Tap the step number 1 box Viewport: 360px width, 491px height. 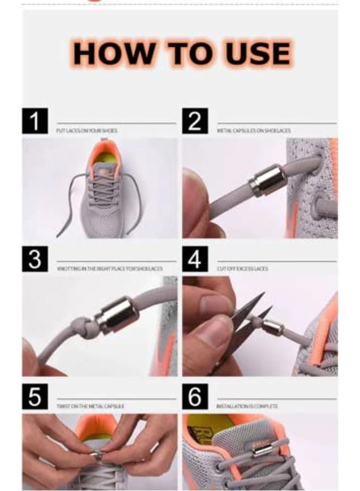coord(35,121)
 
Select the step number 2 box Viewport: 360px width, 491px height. coord(195,121)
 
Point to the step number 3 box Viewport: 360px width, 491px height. coord(35,259)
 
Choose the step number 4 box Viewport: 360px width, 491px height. coord(195,259)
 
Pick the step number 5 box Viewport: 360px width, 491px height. coord(35,397)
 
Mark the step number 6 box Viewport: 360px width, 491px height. coord(195,397)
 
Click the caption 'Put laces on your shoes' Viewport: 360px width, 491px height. coord(87,131)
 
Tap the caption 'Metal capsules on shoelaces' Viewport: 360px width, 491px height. coord(254,131)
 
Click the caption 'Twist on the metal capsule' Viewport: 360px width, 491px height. coord(91,406)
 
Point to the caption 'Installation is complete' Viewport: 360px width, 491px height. coord(247,406)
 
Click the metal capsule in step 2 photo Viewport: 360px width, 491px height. coord(267,181)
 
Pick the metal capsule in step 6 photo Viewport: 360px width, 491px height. coord(262,450)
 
